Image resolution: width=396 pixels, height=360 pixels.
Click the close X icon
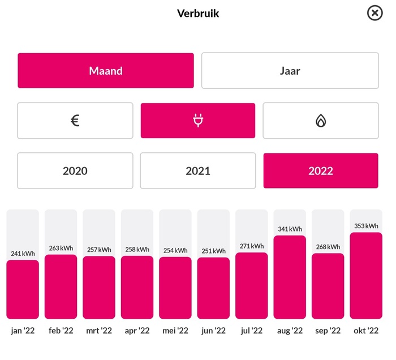click(x=375, y=13)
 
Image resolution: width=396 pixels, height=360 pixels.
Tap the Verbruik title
click(x=198, y=13)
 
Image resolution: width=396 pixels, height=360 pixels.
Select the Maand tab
click(x=106, y=71)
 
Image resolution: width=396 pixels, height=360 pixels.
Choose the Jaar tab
click(x=290, y=71)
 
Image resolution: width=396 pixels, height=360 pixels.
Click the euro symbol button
click(x=75, y=121)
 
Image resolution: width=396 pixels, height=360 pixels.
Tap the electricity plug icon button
click(x=198, y=121)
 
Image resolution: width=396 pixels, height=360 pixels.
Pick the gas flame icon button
click(x=321, y=121)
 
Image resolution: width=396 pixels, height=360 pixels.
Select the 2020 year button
click(x=75, y=170)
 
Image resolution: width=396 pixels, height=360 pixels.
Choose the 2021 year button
click(x=198, y=170)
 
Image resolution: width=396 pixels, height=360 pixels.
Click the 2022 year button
click(x=321, y=170)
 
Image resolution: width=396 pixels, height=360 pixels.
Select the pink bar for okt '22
click(x=366, y=276)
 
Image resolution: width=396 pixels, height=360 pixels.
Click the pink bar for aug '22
click(x=290, y=277)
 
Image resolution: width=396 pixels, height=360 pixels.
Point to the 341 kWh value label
click(x=290, y=229)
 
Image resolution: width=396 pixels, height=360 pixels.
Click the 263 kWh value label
click(x=61, y=248)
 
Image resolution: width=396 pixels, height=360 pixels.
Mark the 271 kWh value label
click(x=252, y=246)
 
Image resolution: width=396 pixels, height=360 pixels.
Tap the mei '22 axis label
click(x=175, y=331)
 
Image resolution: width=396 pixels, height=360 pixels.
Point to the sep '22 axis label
click(x=328, y=331)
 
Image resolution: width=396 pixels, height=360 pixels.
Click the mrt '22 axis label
click(x=99, y=331)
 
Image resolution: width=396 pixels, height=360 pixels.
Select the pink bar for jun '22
click(x=213, y=289)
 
